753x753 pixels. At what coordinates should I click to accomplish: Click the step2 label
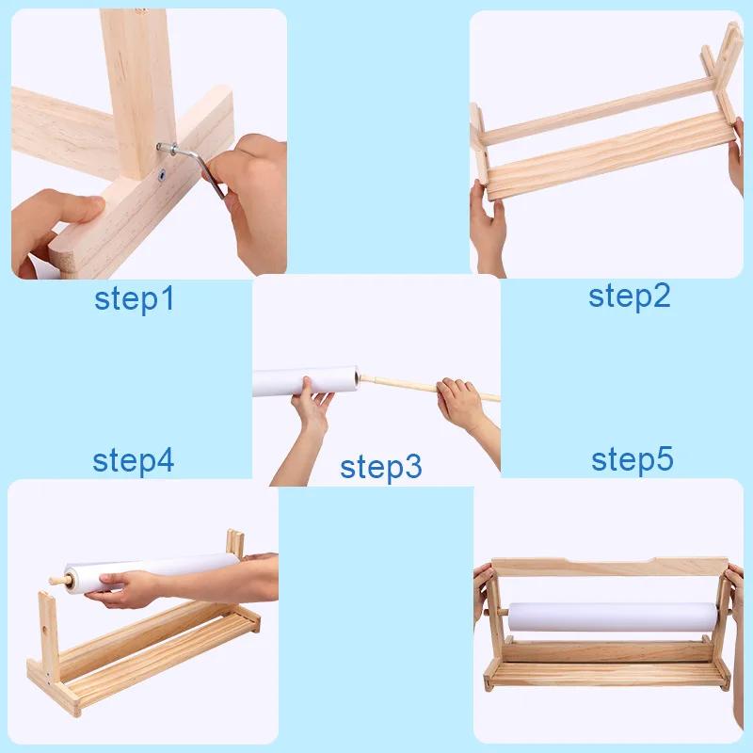click(629, 296)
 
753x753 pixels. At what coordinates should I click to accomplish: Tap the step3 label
click(380, 465)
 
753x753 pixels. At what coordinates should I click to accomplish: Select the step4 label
click(133, 460)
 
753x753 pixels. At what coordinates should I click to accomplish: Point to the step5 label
click(632, 459)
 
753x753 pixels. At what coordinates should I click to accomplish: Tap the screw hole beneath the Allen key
click(163, 174)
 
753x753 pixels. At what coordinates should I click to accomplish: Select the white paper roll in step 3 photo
click(306, 382)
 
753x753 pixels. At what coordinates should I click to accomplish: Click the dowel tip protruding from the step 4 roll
click(56, 584)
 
